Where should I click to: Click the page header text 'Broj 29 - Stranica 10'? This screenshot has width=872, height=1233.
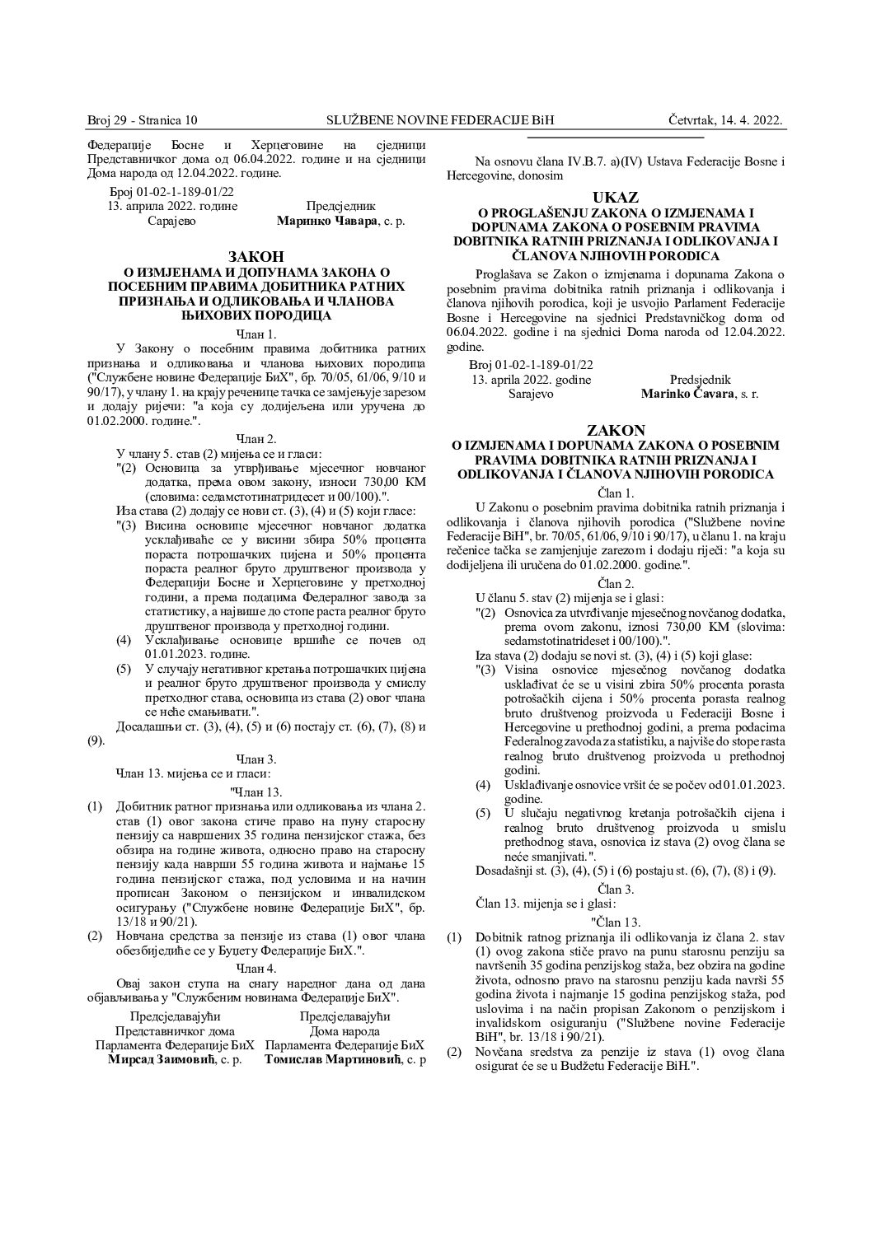(x=143, y=120)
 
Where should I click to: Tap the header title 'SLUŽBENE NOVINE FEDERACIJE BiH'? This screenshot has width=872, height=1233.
(x=440, y=120)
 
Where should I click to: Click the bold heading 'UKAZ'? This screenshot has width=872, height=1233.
(x=615, y=197)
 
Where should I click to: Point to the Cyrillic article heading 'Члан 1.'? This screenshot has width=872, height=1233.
(x=256, y=333)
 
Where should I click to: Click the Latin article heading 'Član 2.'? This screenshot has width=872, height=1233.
(x=615, y=582)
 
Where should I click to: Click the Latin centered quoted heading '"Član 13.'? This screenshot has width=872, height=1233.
(x=615, y=920)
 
